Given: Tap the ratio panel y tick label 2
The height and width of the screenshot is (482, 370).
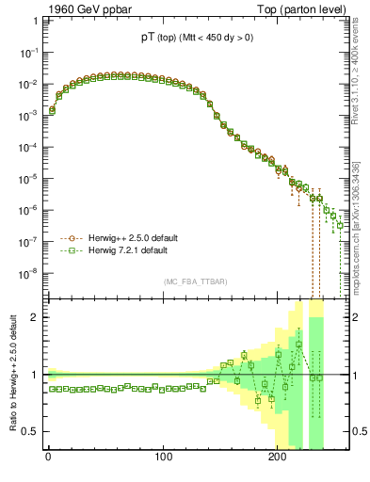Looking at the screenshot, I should point(36,317).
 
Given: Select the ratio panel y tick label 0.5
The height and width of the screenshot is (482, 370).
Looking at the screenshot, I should point(32,431).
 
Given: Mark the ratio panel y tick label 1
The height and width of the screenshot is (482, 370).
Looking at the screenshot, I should point(36,375).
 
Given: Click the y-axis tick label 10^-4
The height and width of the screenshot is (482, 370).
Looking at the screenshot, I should point(29,148).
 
